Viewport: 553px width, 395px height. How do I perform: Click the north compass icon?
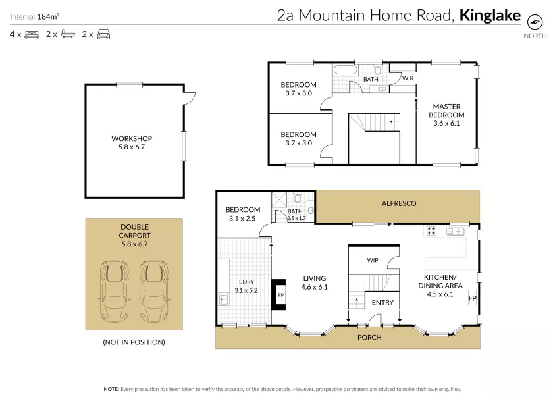pyautogui.click(x=535, y=22)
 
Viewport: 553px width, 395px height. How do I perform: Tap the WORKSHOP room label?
pyautogui.click(x=132, y=139)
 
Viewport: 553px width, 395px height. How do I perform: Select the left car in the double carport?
pyautogui.click(x=115, y=291)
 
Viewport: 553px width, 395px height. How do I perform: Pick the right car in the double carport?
pyautogui.click(x=154, y=291)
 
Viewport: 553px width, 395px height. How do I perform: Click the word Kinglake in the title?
pyautogui.click(x=490, y=16)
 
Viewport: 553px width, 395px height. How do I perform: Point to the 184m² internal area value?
pyautogui.click(x=48, y=16)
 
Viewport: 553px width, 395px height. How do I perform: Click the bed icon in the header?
pyautogui.click(x=32, y=34)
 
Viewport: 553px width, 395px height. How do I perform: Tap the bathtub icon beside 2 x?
pyautogui.click(x=68, y=34)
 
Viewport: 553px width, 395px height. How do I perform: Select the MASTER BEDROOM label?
pyautogui.click(x=446, y=111)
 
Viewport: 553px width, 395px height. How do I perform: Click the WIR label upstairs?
pyautogui.click(x=408, y=78)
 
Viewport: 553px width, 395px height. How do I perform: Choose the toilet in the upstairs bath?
pyautogui.click(x=378, y=69)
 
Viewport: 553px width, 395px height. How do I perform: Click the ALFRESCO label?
pyautogui.click(x=399, y=203)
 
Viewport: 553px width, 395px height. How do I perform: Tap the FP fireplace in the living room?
pyautogui.click(x=278, y=295)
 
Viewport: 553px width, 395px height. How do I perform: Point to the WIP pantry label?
pyautogui.click(x=373, y=260)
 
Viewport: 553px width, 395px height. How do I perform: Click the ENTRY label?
pyautogui.click(x=382, y=303)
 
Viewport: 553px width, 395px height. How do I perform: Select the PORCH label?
pyautogui.click(x=369, y=338)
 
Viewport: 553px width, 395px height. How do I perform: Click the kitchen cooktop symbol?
pyautogui.click(x=431, y=231)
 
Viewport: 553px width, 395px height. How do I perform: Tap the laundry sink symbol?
pyautogui.click(x=223, y=300)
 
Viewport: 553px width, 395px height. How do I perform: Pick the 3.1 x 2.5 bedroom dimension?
pyautogui.click(x=242, y=219)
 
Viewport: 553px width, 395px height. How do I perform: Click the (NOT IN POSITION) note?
pyautogui.click(x=134, y=342)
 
